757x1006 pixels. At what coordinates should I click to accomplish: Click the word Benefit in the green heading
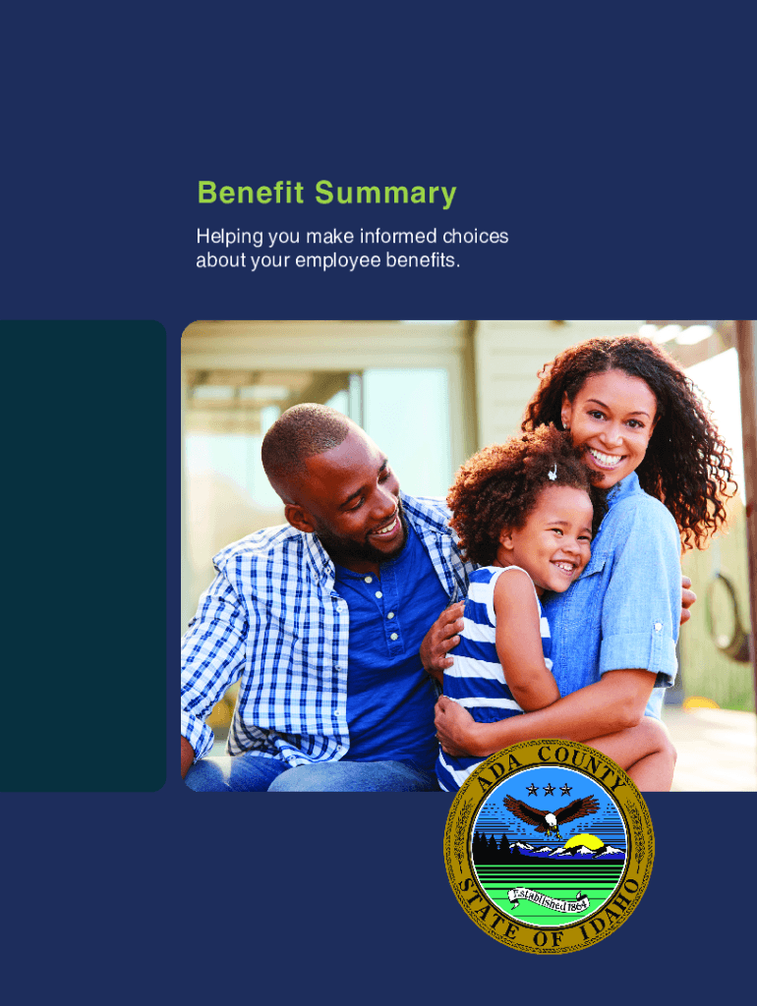tap(251, 193)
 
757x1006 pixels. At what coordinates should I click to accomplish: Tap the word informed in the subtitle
tap(398, 236)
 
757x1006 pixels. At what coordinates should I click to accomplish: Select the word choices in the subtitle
tap(475, 236)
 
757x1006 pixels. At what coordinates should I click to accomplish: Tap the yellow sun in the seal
tap(584, 842)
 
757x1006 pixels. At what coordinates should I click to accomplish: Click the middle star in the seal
tap(549, 790)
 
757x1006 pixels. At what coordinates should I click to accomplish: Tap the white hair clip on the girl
tap(552, 473)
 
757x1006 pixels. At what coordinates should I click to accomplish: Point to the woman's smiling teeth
tap(607, 459)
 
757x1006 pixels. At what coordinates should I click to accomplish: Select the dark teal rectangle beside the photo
tap(83, 556)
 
